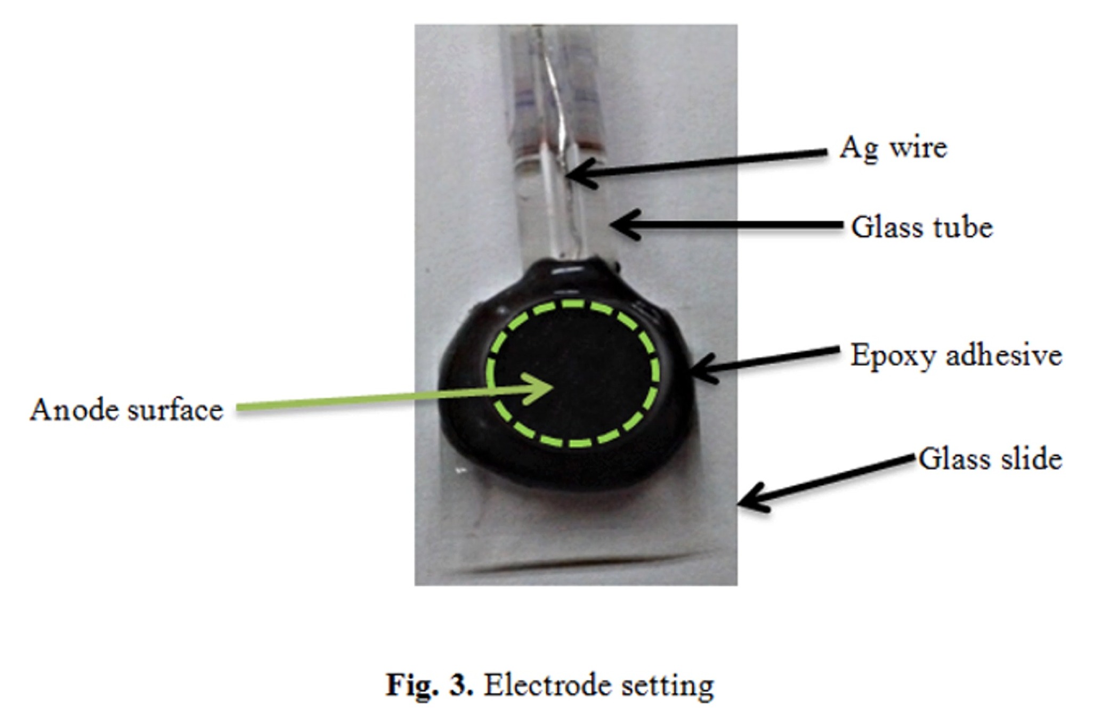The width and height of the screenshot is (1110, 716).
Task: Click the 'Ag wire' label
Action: click(x=893, y=148)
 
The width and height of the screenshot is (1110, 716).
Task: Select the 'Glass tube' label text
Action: click(x=921, y=227)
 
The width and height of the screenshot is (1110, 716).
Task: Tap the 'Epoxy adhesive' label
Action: click(x=955, y=355)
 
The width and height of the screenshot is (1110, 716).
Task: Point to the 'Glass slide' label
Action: click(x=990, y=459)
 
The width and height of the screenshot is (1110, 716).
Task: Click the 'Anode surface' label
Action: click(x=126, y=410)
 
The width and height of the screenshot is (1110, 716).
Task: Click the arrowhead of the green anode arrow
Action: click(x=546, y=388)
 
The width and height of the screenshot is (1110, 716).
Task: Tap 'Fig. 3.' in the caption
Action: click(x=429, y=685)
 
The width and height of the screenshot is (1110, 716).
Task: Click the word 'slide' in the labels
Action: click(x=1031, y=459)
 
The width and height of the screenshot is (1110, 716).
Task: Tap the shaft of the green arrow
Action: click(x=373, y=400)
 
